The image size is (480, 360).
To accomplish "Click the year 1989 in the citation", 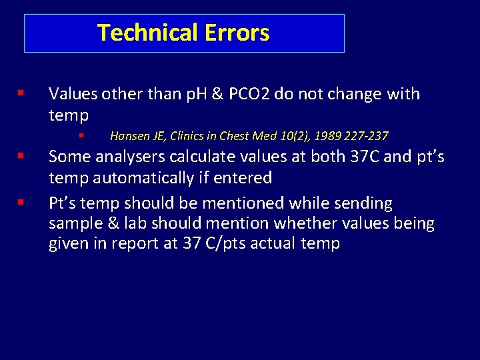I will coord(327,136).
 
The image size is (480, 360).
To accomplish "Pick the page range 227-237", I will coord(366,136).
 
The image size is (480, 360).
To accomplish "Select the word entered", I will coord(247,178).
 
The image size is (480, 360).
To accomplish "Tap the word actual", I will coord(279,243).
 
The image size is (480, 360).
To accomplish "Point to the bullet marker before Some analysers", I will coord(22,157).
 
